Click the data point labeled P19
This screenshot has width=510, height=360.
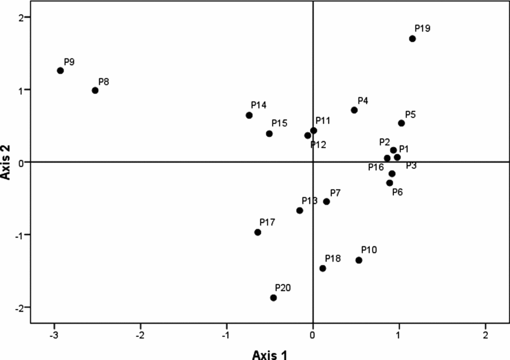(412, 39)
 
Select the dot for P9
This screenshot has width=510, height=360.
(60, 70)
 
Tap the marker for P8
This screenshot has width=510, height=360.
(95, 90)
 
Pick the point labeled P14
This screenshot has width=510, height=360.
(249, 115)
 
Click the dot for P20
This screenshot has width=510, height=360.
(274, 298)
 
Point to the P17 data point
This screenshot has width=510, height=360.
(258, 232)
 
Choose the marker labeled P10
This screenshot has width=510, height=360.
(359, 260)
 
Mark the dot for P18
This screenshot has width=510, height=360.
(323, 268)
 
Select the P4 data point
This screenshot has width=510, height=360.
(354, 110)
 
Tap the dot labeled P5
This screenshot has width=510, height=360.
(401, 123)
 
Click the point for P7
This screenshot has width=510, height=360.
(327, 202)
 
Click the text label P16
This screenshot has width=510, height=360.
(376, 167)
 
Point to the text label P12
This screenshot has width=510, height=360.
(318, 144)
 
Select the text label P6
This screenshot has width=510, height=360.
(397, 192)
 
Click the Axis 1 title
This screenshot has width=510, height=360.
(270, 354)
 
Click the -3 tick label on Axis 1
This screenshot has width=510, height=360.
(54, 334)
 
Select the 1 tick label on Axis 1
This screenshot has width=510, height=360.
(399, 334)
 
